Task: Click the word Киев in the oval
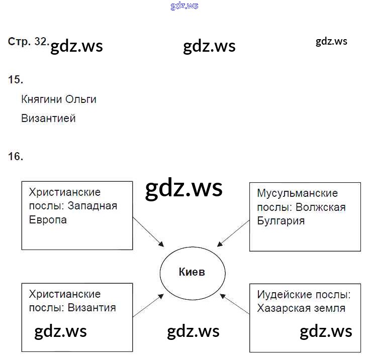192,272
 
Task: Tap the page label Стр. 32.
28,42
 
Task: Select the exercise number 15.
16,79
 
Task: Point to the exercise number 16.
16,157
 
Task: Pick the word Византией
48,119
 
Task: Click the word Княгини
42,99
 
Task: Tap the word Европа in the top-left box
48,220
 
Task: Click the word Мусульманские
297,193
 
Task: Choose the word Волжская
321,207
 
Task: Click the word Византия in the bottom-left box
92,307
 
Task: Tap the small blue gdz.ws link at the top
185,6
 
